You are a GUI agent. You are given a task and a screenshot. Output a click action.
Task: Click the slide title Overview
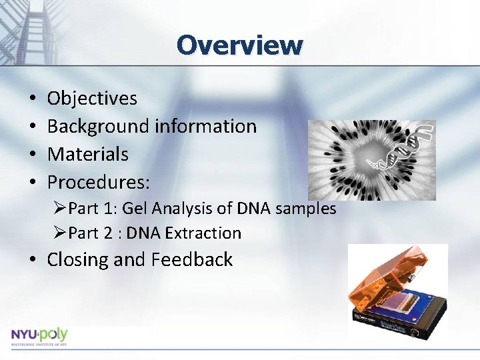[240, 45]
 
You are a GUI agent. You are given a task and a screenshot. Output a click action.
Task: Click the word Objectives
[92, 99]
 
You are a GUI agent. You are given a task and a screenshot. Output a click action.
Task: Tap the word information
[205, 126]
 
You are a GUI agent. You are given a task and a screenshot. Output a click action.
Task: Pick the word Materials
[87, 154]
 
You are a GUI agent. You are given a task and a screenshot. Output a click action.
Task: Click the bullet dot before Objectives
[33, 99]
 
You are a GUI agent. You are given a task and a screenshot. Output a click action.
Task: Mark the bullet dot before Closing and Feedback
[33, 260]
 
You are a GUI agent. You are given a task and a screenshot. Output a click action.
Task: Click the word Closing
[78, 260]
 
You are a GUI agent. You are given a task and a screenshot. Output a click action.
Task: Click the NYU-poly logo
[39, 336]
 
